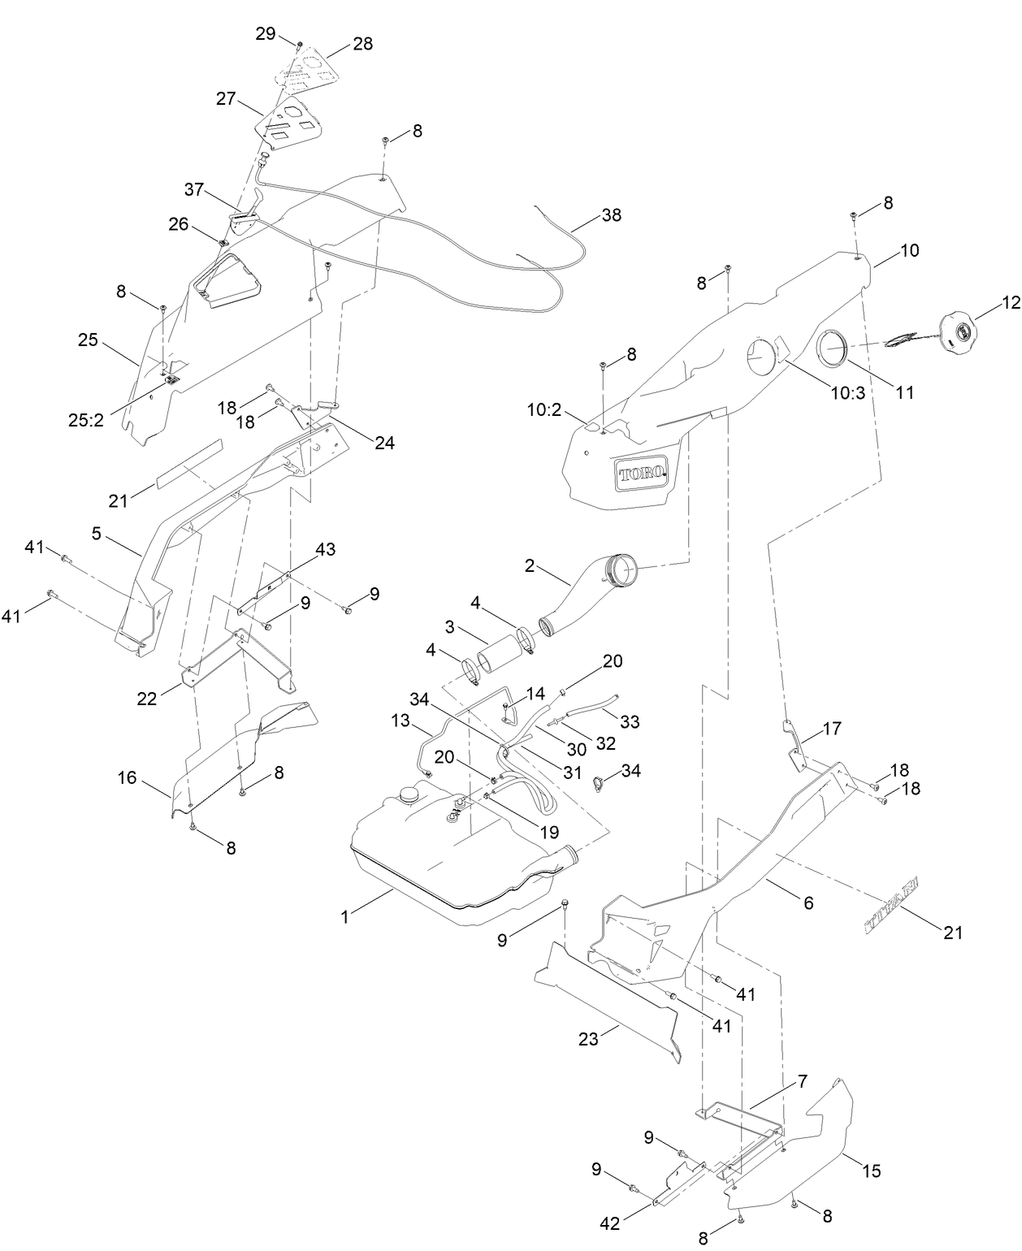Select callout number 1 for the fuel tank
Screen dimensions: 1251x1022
[x=344, y=916]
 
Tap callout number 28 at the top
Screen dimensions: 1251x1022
[x=362, y=44]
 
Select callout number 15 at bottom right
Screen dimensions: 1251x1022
[x=872, y=1171]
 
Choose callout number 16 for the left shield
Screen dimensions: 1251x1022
[x=127, y=778]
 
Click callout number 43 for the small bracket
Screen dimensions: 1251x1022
[x=325, y=549]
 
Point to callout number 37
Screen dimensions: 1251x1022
[x=193, y=189]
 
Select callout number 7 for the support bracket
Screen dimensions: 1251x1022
[x=801, y=1081]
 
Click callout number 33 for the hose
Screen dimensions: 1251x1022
[x=630, y=721]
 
